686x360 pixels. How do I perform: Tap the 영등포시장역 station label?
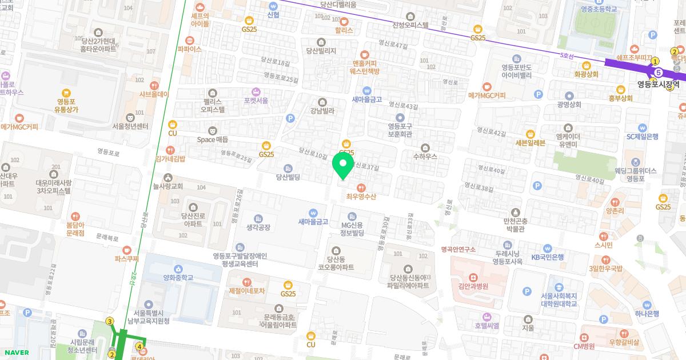click(x=659, y=84)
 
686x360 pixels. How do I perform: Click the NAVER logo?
click(x=15, y=353)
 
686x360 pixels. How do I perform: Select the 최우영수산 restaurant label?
click(x=361, y=196)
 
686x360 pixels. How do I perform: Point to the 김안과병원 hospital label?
click(x=473, y=286)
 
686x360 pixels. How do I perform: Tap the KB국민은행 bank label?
click(x=548, y=257)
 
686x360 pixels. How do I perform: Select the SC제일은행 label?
click(x=643, y=136)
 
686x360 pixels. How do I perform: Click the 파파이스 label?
click(x=190, y=49)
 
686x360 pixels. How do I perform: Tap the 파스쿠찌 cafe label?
click(x=127, y=258)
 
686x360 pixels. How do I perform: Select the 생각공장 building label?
click(x=258, y=227)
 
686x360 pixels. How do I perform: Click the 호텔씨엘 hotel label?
click(x=486, y=325)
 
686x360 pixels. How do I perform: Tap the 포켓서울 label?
click(x=256, y=100)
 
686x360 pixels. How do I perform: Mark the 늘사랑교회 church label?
click(x=168, y=186)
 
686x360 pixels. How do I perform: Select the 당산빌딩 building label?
click(x=288, y=177)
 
